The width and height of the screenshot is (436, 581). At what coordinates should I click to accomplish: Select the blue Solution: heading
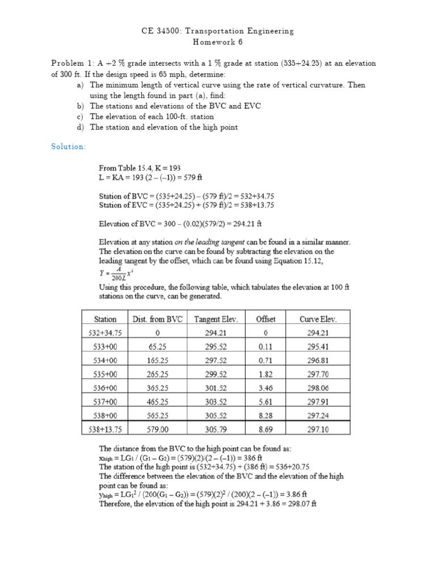coord(68,147)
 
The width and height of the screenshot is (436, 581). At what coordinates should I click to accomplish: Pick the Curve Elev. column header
coord(317,319)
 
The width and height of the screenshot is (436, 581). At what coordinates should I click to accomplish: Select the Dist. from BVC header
coord(157,319)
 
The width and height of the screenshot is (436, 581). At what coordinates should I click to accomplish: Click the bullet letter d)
coord(79,127)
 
